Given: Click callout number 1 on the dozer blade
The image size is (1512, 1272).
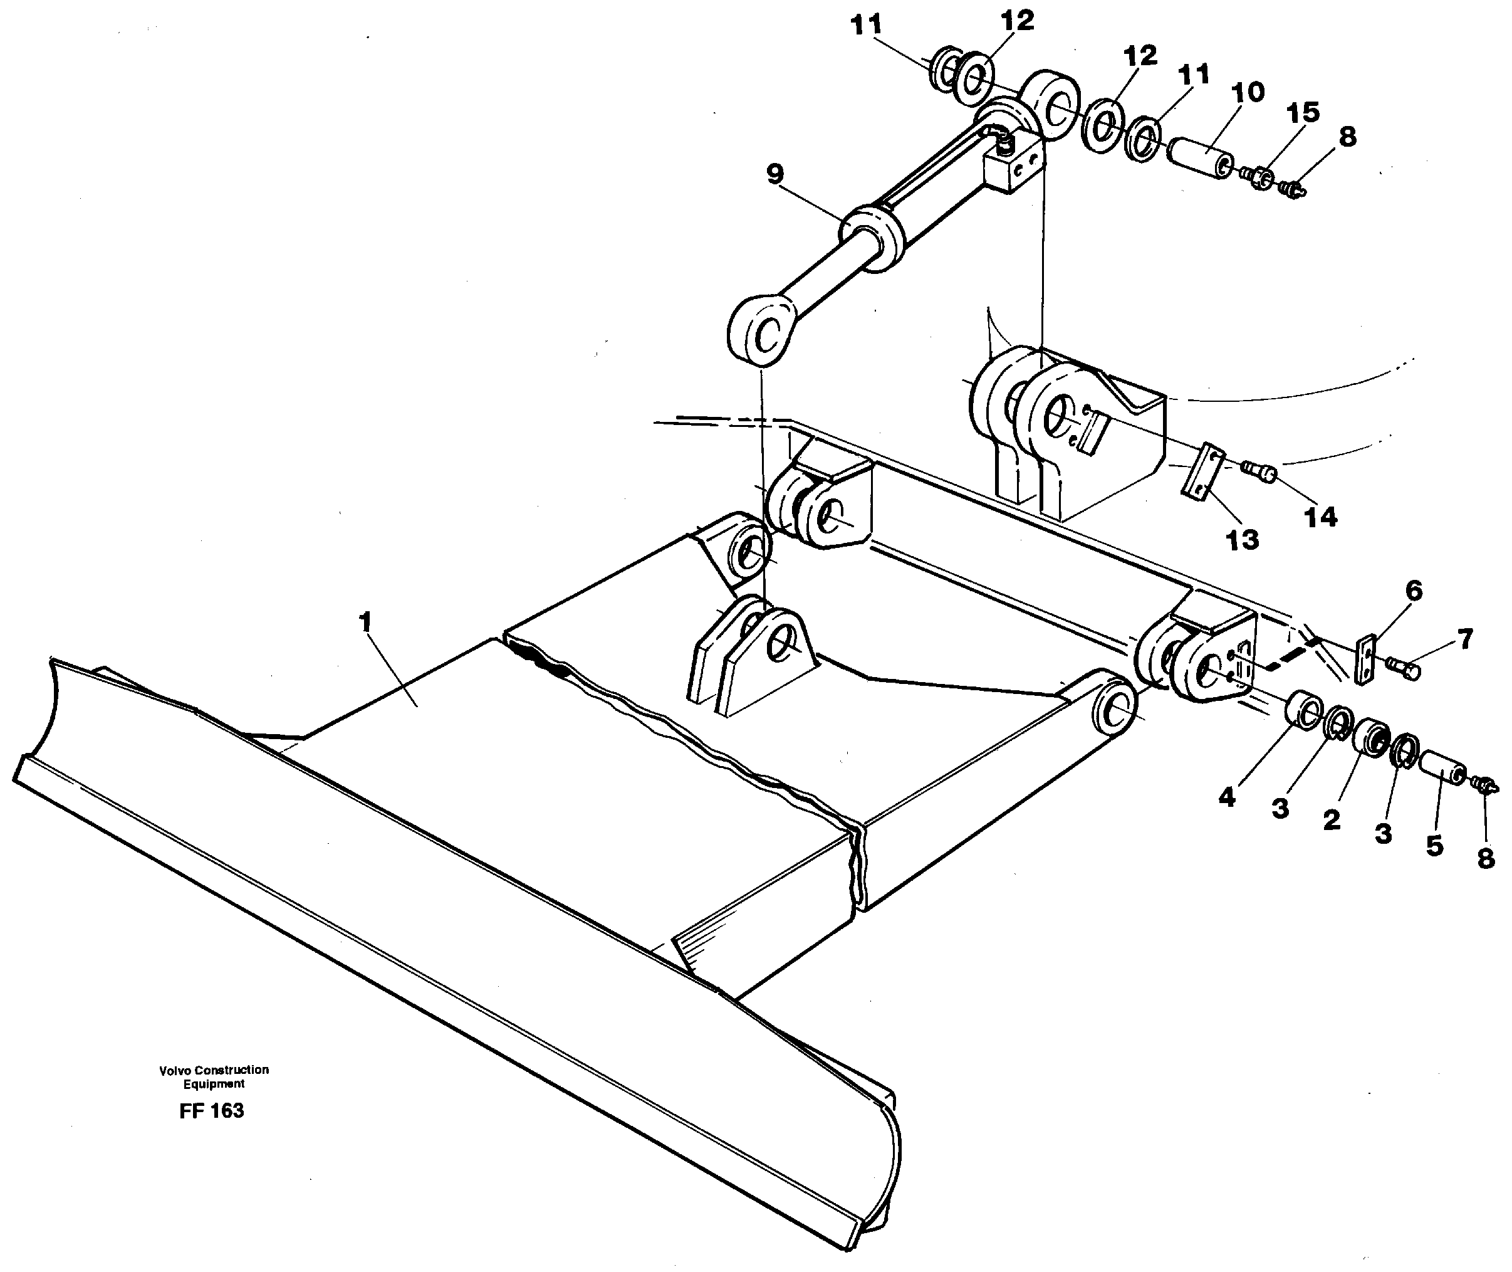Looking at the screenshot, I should click(365, 621).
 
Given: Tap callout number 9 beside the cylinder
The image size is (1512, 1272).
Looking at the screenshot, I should click(774, 174).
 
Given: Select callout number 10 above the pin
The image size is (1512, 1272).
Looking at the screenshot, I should click(1248, 92).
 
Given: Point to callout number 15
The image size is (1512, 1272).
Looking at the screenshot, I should click(1302, 112).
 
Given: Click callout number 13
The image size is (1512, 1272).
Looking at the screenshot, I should click(1242, 539).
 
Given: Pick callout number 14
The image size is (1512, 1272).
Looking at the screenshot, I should click(1320, 517).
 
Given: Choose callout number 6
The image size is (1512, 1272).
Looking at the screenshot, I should click(1414, 591).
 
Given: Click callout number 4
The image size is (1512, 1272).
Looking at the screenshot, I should click(1228, 797).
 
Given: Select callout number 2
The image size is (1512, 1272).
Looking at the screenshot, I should click(1331, 819).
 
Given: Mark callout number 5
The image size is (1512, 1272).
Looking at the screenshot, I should click(1434, 845).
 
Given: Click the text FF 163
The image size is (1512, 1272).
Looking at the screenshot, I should click(212, 1110).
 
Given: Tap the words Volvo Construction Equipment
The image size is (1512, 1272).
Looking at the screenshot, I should click(214, 1076).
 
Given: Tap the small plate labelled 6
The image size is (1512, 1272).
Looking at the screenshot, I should click(1365, 658).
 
